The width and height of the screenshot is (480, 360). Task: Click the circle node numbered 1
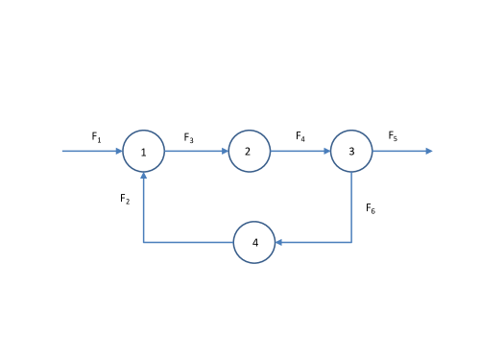pyautogui.click(x=144, y=151)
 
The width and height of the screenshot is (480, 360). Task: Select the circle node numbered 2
pyautogui.click(x=249, y=151)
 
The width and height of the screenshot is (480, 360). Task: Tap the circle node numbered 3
pyautogui.click(x=351, y=151)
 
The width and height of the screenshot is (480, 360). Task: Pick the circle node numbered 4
pyautogui.click(x=254, y=242)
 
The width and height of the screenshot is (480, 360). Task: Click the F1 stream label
pyautogui.click(x=96, y=137)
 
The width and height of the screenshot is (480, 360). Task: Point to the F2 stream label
pyautogui.click(x=125, y=199)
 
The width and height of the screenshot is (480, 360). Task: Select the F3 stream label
pyautogui.click(x=189, y=138)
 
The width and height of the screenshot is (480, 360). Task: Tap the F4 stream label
pyautogui.click(x=300, y=137)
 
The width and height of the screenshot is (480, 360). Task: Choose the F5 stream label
pyautogui.click(x=393, y=137)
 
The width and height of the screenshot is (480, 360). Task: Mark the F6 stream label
pyautogui.click(x=371, y=208)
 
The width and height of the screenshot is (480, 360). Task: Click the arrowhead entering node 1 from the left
pyautogui.click(x=119, y=151)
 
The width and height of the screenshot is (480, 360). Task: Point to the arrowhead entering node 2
pyautogui.click(x=224, y=151)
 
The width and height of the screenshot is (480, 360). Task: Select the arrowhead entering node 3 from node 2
pyautogui.click(x=326, y=151)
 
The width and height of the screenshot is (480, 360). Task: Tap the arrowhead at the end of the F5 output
pyautogui.click(x=428, y=151)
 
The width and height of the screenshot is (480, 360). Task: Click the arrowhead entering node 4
pyautogui.click(x=279, y=242)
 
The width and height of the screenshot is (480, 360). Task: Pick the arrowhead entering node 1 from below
pyautogui.click(x=144, y=176)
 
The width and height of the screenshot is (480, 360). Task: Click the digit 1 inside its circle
pyautogui.click(x=144, y=152)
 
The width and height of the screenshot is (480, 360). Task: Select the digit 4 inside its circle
pyautogui.click(x=255, y=243)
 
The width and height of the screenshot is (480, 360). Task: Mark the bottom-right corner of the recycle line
pyautogui.click(x=351, y=242)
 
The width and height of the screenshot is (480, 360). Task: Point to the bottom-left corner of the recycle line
pyautogui.click(x=144, y=242)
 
